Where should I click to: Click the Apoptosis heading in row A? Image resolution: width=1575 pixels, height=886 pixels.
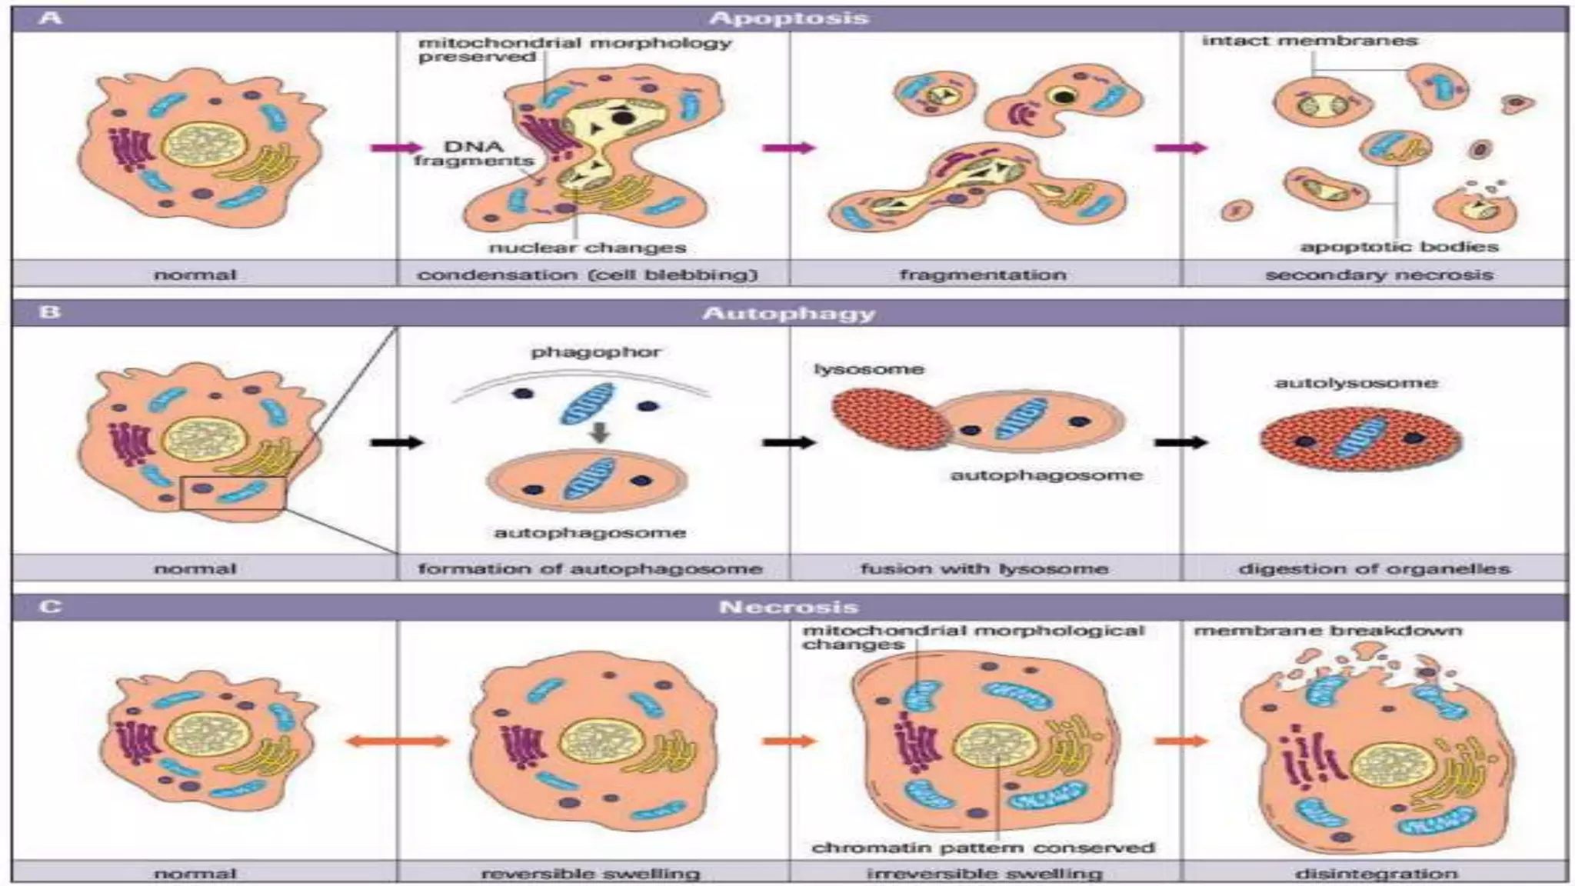789,18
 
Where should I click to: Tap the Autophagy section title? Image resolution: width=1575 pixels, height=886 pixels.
789,314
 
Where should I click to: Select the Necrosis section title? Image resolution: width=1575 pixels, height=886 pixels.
789,608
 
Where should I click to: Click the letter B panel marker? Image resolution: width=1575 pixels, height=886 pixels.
49,312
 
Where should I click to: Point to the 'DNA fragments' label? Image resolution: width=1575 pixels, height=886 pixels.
474,154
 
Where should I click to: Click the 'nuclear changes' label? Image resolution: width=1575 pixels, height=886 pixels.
588,248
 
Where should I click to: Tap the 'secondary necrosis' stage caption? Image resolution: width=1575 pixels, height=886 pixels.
1380,275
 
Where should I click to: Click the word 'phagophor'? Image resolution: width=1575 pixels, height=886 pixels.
596,352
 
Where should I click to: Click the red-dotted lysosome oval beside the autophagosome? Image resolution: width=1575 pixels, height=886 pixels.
888,418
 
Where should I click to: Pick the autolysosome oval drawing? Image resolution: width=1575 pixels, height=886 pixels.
1360,440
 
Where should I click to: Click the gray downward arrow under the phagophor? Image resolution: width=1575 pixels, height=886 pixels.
600,432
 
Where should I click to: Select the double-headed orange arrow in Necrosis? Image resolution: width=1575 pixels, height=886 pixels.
397,741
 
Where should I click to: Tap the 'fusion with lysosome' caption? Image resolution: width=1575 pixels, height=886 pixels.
984,569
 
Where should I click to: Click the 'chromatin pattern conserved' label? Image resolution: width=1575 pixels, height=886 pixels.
984,848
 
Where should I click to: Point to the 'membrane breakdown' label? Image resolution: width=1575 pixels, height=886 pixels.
1327,631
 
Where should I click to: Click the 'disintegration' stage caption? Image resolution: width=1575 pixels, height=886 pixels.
1377,874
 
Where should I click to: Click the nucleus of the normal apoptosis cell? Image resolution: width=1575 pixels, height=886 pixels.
205,145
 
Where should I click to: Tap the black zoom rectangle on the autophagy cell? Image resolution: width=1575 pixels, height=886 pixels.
234,492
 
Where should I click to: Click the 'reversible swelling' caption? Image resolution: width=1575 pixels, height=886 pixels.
591,874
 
